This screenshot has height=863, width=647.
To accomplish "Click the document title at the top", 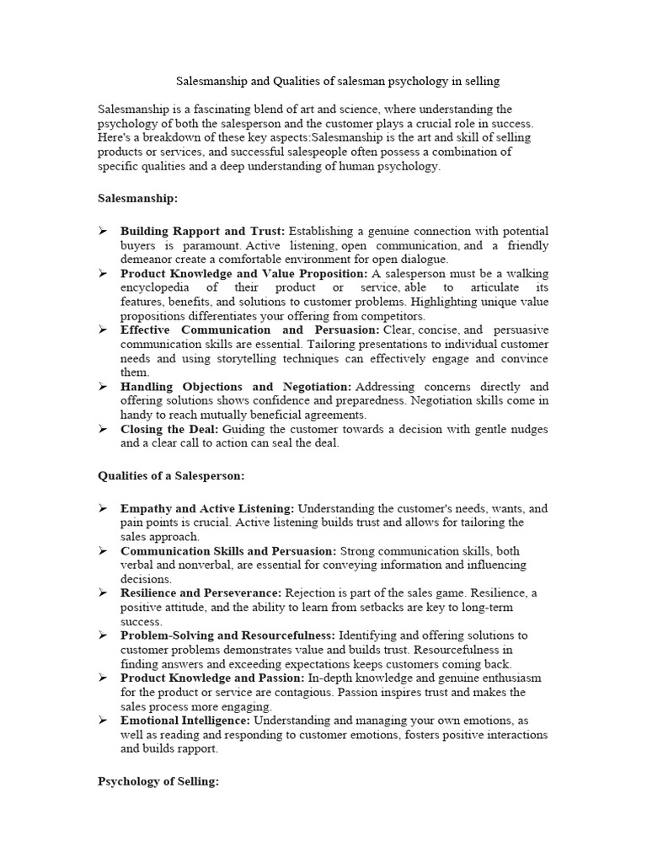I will click(x=337, y=82).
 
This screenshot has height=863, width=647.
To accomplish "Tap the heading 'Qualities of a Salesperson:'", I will click(x=171, y=475).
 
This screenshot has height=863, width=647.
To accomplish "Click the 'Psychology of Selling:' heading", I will click(x=158, y=781).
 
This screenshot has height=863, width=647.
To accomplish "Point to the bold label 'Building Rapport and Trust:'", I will click(x=203, y=231).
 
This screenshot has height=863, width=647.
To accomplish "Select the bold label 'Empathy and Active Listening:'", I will click(x=207, y=508).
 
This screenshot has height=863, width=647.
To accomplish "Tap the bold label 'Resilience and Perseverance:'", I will click(x=201, y=593).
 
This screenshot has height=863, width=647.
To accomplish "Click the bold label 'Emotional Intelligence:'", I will click(x=185, y=721).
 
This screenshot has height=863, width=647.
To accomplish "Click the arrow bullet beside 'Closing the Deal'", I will click(x=103, y=429).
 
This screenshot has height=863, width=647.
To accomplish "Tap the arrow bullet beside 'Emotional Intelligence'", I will click(x=103, y=721).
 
